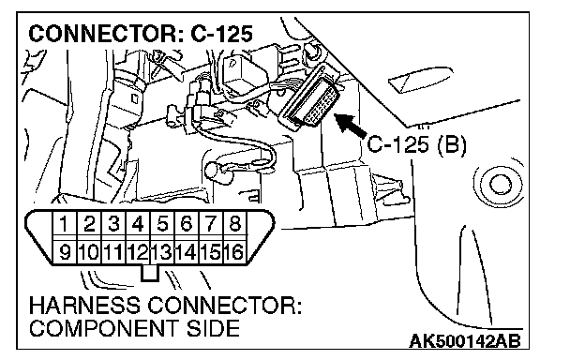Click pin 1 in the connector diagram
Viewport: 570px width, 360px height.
(x=65, y=224)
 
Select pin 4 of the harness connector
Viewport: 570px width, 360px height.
(x=138, y=224)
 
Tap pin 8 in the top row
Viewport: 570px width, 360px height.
(x=234, y=224)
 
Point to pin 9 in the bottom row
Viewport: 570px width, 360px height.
(x=65, y=251)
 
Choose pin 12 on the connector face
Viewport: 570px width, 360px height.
(x=138, y=251)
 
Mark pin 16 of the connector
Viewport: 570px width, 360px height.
(x=234, y=251)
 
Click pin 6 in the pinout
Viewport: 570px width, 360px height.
(x=187, y=224)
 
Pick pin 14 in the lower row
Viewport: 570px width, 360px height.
(x=187, y=251)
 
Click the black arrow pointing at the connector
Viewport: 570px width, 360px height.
(x=350, y=125)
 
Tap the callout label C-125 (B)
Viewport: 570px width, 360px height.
(x=416, y=144)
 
